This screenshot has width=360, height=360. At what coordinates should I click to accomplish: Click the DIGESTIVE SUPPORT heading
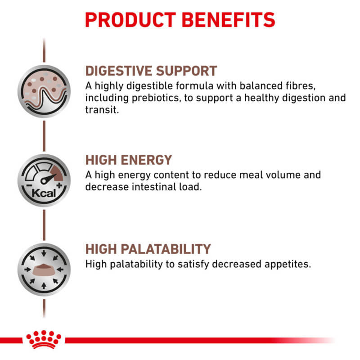(x=151, y=71)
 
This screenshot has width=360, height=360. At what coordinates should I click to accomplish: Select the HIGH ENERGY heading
(x=129, y=160)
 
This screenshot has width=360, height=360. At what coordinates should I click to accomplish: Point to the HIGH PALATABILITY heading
(x=148, y=249)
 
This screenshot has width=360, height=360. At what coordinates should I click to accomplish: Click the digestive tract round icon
(x=44, y=91)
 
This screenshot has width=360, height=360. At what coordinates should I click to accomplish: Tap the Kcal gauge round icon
(x=44, y=180)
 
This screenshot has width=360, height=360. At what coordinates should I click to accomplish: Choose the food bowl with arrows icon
(x=44, y=269)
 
